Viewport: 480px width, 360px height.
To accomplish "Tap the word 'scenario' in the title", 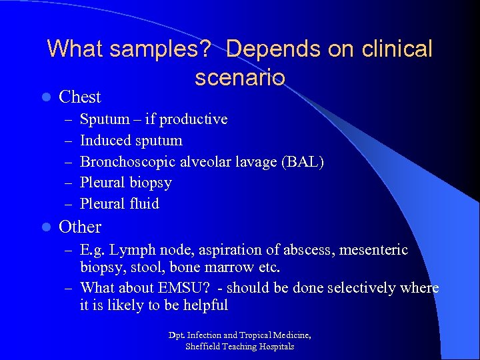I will (240, 77).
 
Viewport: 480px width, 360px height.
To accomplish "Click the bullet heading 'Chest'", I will (80, 97).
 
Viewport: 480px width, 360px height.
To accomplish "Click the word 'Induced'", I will (105, 141).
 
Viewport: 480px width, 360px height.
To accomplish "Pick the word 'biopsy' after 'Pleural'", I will (150, 183).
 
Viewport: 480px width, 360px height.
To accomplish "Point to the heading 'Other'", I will (80, 227).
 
